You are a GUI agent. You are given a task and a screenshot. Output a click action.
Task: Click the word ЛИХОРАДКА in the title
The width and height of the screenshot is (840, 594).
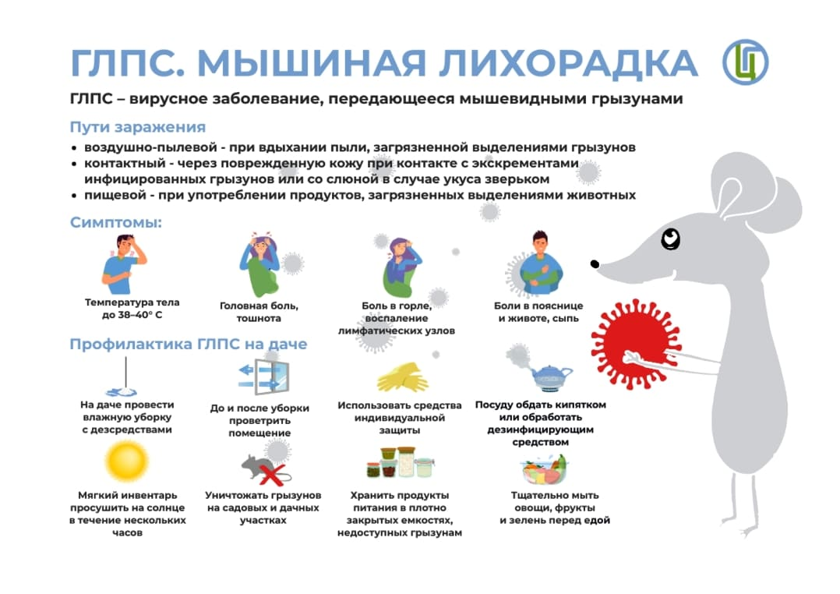[568, 63]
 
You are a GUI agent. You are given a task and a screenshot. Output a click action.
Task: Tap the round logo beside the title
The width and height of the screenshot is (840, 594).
[745, 62]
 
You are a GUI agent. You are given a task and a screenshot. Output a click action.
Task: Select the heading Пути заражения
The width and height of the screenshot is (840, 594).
[138, 127]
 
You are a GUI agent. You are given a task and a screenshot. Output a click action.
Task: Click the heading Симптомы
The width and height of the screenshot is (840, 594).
[115, 222]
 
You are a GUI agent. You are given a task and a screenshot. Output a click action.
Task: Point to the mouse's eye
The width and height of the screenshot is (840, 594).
[670, 239]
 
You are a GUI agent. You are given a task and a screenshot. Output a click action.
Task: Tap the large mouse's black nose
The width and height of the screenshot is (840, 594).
[595, 263]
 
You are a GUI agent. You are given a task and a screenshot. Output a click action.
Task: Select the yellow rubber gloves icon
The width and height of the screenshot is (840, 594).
[402, 377]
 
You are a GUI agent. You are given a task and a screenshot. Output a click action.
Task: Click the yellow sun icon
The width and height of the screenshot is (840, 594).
[127, 461]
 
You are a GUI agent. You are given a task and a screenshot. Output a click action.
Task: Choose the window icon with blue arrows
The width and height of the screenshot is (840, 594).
[263, 377]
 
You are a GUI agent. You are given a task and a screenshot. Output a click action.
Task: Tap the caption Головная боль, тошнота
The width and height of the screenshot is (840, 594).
[259, 312]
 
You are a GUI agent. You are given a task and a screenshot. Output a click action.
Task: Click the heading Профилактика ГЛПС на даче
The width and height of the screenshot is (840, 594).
[188, 344]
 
